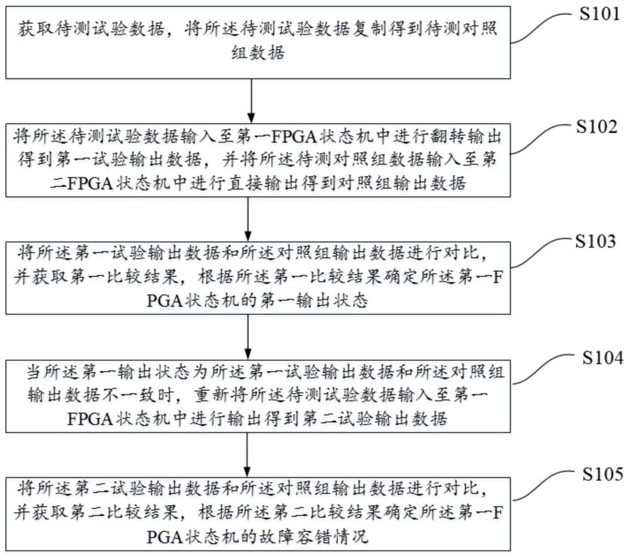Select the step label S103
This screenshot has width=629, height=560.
(x=596, y=241)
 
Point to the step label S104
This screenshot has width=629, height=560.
(x=603, y=358)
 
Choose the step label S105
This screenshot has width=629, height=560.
(x=603, y=474)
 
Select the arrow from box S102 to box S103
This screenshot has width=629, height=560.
(x=248, y=219)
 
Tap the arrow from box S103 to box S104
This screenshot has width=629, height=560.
(x=248, y=337)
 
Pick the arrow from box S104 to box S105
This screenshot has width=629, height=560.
(x=247, y=454)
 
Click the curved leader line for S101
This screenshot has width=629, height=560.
(x=541, y=26)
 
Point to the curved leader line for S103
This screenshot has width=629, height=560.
(x=541, y=253)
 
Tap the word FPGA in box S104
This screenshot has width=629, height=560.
(x=90, y=419)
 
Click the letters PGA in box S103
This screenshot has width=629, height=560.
(x=164, y=300)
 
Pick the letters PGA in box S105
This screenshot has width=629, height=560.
(x=164, y=537)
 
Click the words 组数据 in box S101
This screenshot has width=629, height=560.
(x=258, y=52)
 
